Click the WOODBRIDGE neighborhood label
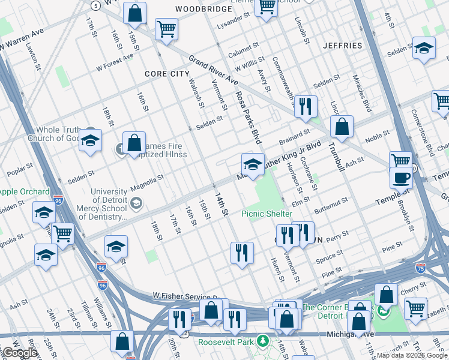(203, 10)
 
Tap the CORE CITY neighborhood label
(166, 74)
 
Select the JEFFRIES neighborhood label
(342, 46)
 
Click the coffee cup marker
(401, 178)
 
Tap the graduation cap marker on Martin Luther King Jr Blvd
(253, 164)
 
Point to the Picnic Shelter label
(267, 214)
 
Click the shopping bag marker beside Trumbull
(342, 127)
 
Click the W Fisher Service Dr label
(190, 296)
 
